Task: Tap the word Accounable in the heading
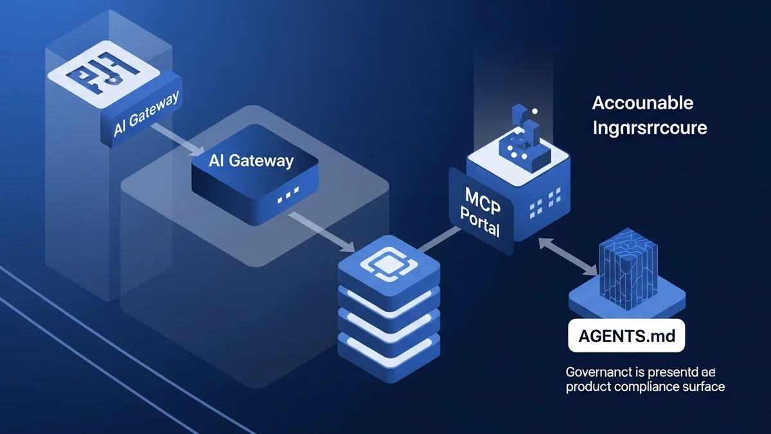pos(642,103)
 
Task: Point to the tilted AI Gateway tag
pos(145,115)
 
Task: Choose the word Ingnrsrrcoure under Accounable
pos(650,127)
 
